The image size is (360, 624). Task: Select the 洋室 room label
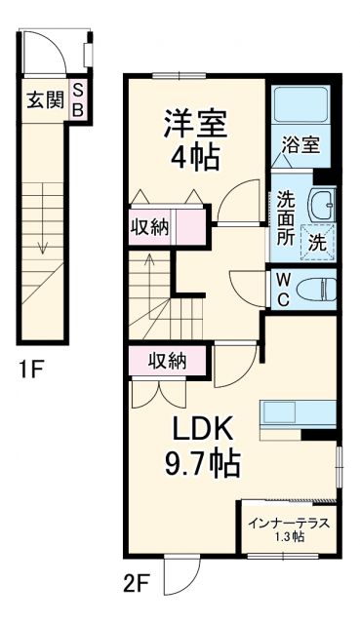click(195, 124)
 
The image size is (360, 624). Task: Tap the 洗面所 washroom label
click(285, 215)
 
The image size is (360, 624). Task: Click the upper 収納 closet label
click(149, 228)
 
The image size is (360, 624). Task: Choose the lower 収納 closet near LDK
click(168, 361)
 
